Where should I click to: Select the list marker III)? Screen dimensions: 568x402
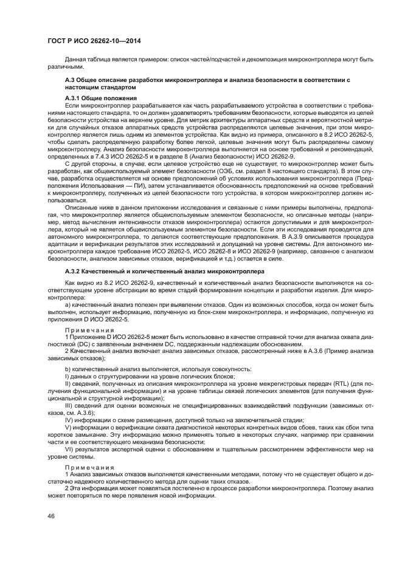tap(69, 403)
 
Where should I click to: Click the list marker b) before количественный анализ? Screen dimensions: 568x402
tap(68, 369)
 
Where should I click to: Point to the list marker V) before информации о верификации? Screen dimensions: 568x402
tap(68, 427)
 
